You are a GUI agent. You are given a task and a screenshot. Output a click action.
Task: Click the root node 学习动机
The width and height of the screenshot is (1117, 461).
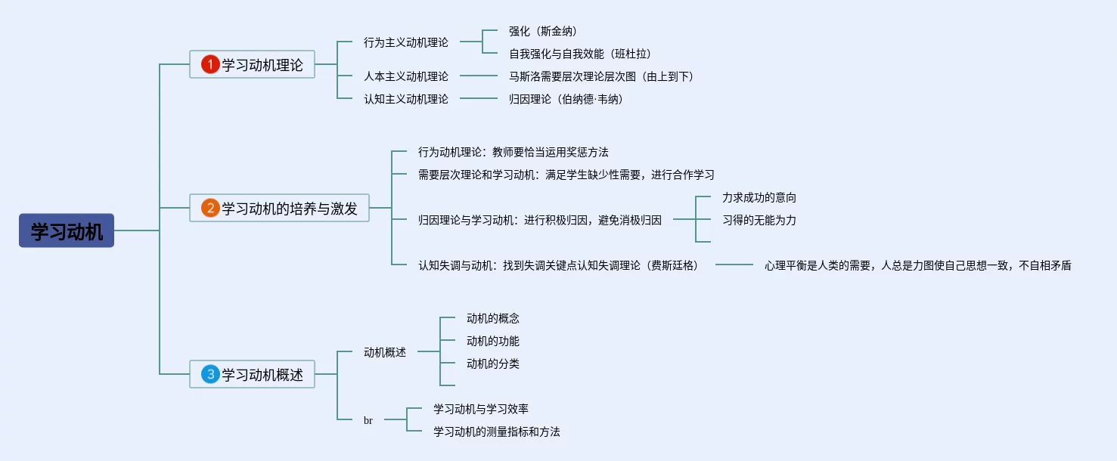[67, 230]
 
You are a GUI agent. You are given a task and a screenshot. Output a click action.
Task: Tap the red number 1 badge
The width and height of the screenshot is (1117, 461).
[210, 65]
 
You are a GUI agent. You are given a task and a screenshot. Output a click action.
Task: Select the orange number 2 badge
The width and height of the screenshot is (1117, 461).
[210, 208]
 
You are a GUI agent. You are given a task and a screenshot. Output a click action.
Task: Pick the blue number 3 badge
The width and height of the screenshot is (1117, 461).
[210, 374]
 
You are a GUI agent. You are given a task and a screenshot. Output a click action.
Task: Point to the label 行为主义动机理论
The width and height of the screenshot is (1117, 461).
[405, 42]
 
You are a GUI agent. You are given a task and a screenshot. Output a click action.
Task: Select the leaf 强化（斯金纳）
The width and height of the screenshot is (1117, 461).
[543, 31]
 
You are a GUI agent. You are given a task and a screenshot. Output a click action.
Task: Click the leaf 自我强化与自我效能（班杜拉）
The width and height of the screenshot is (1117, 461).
[580, 54]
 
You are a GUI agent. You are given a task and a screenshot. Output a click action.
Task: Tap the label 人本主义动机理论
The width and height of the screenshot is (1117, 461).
[405, 76]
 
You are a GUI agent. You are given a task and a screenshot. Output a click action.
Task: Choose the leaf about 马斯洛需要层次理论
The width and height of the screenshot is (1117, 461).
[601, 76]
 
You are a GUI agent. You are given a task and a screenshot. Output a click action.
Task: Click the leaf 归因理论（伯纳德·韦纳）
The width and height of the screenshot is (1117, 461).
[566, 99]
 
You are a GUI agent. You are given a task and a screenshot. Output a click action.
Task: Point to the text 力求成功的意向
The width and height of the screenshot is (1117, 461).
[759, 197]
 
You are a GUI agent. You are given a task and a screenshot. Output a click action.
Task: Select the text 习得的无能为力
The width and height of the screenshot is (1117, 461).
[759, 220]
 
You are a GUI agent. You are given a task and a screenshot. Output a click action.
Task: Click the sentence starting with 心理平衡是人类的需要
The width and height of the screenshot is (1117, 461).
[917, 265]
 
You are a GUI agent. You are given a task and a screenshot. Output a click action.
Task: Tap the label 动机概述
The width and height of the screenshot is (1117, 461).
[385, 352]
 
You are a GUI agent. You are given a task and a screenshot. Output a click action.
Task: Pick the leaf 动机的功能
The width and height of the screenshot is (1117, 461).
[493, 341]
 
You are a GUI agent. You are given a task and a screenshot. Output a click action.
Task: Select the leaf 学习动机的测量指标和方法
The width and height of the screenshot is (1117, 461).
[496, 432]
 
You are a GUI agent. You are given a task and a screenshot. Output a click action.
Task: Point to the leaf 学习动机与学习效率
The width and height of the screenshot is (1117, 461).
[480, 409]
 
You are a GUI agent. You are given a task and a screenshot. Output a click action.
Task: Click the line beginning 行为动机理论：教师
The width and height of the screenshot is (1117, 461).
[513, 152]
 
